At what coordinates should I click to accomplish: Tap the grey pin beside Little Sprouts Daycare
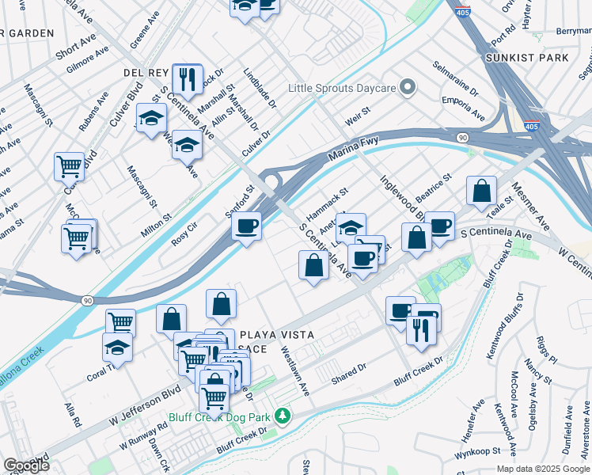pos(408,87)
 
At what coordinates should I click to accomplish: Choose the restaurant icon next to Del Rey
pos(188,78)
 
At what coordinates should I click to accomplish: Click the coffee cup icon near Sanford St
pos(247,226)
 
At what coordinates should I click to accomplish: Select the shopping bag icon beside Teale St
pos(481,191)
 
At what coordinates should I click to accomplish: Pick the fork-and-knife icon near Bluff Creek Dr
pos(419,328)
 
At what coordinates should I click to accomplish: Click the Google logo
pos(26,465)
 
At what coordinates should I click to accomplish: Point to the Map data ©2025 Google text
pos(542,468)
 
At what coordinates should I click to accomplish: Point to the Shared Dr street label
pos(349,373)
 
